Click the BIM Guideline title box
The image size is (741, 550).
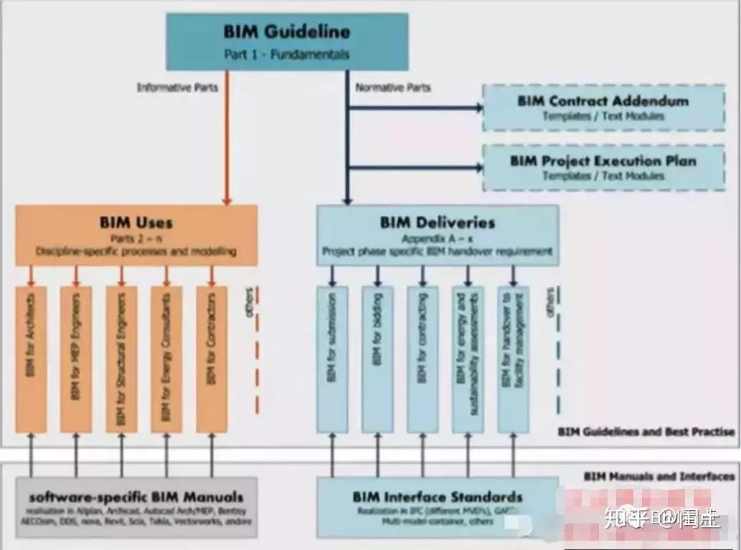coord(287,41)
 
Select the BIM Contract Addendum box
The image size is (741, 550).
coord(603,108)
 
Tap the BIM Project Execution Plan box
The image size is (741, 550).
coord(603,167)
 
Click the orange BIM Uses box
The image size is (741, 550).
coord(136,235)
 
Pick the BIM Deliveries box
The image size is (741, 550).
coord(438,235)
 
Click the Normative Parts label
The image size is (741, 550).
coord(393,87)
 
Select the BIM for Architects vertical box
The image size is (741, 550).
coord(31,359)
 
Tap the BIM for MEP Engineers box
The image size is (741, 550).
coord(76,359)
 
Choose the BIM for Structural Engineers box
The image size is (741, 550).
coord(121,359)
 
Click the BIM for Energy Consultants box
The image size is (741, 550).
coord(166,359)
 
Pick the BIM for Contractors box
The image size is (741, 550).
coord(212,359)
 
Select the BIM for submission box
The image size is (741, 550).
coord(332,359)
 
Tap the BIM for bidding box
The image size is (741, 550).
coord(377,359)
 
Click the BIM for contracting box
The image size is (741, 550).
coord(423,359)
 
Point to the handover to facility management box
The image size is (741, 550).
coord(513,359)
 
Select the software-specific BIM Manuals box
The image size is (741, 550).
coord(136,506)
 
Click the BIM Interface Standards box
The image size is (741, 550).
coord(438,506)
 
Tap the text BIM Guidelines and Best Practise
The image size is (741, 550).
coord(646,432)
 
